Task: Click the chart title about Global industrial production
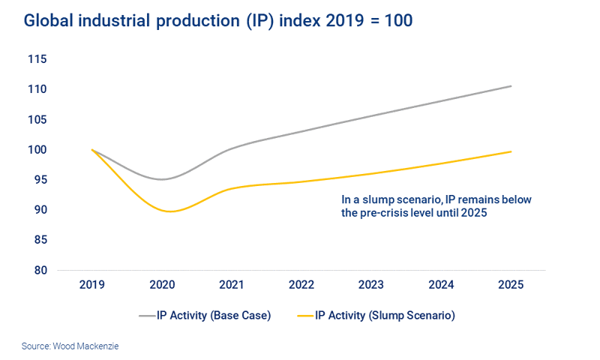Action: tap(217, 21)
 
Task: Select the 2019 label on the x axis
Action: tap(92, 286)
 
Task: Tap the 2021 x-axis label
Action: tap(232, 286)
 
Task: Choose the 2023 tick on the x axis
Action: tap(371, 286)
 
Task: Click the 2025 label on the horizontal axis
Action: tap(511, 286)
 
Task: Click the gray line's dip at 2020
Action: tap(163, 179)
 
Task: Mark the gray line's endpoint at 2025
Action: tap(511, 86)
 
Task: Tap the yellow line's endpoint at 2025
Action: tap(511, 151)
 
